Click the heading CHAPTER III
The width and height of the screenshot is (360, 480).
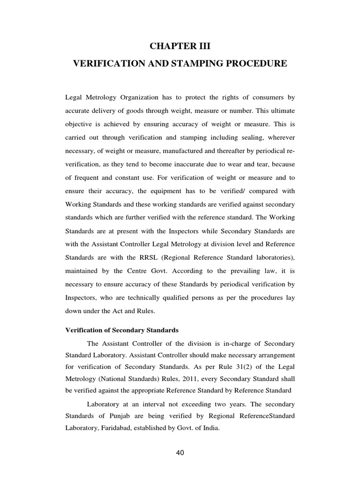coord(180,45)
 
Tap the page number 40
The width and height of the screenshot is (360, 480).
coord(180,453)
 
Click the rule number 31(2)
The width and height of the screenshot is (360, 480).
coord(225,366)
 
